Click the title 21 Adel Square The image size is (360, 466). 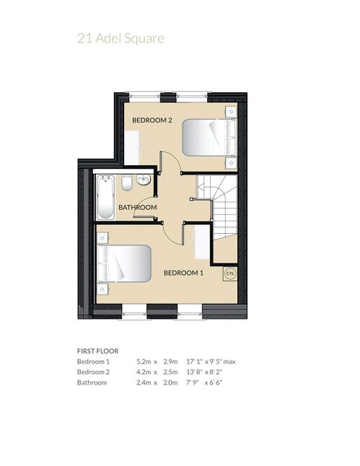(120, 39)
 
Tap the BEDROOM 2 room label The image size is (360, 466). (152, 120)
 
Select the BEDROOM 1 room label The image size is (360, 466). (183, 273)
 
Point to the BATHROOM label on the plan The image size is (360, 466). (138, 207)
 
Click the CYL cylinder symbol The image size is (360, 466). (230, 273)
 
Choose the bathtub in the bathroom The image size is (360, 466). (105, 198)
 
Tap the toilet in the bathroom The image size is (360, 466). (127, 183)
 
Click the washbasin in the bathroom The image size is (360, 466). (144, 180)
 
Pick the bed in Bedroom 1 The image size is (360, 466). (124, 263)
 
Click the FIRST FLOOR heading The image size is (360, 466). (98, 351)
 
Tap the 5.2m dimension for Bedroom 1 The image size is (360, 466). (144, 361)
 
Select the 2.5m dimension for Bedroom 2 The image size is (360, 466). (170, 372)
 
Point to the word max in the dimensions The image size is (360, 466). (229, 362)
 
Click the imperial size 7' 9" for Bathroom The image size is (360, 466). (193, 382)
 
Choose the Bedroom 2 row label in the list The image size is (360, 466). (93, 372)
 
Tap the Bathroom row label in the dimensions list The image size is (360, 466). (92, 382)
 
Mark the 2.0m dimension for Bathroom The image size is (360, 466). (170, 382)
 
